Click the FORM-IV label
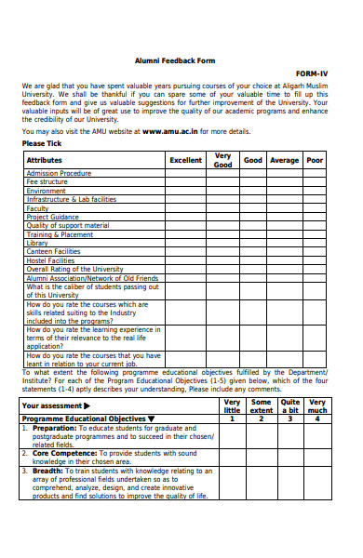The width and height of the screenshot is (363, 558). coord(312,73)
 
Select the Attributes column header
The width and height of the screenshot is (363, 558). coord(45,160)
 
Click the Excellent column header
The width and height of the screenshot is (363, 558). coord(186,160)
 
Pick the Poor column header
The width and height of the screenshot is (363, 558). coord(315,160)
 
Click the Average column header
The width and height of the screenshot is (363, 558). coord(284,160)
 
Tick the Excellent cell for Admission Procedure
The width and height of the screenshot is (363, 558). coord(186,173)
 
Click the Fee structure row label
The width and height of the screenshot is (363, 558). coord(47,182)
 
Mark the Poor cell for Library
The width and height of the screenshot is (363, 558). coord(315,243)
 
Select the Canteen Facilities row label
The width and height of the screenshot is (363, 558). coord(53,252)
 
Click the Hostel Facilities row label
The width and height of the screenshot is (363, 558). coord(50,261)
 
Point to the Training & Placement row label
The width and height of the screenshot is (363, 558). coord(60,234)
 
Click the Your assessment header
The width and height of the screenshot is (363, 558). coord(56,405)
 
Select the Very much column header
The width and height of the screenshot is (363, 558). coord(317,405)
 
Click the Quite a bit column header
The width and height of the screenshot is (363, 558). coord(290,405)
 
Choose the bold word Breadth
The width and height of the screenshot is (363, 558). coord(47,471)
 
